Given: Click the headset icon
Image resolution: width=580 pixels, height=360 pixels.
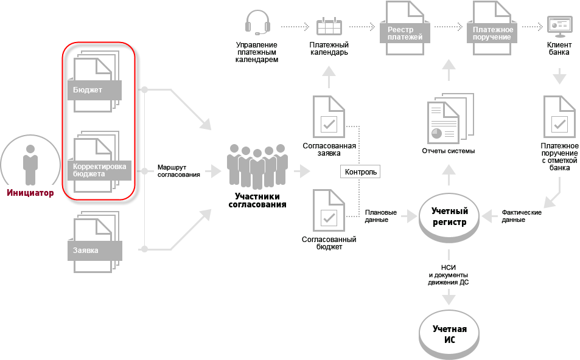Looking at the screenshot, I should tap(257, 23).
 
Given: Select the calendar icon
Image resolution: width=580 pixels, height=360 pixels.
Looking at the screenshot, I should tap(329, 26).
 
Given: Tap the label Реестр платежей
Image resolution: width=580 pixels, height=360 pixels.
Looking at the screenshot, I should tap(400, 33).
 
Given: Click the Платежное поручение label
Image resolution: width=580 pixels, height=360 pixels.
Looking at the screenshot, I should tap(492, 33).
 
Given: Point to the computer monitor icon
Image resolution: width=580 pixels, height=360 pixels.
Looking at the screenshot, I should tap(559, 26).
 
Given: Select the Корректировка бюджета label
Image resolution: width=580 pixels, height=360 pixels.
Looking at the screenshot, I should tap(99, 170).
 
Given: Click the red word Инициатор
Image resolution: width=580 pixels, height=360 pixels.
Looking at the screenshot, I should tap(30, 193).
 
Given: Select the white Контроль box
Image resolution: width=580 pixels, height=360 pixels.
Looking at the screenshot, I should tap(361, 171).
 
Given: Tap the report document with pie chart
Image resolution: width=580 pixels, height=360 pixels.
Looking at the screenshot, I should tap(444, 122).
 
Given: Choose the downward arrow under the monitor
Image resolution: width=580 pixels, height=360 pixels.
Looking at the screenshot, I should tap(559, 77).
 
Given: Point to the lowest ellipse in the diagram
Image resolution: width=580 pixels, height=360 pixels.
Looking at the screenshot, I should tap(449, 333).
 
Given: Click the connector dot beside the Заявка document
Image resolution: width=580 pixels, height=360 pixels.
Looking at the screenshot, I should tap(144, 249).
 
